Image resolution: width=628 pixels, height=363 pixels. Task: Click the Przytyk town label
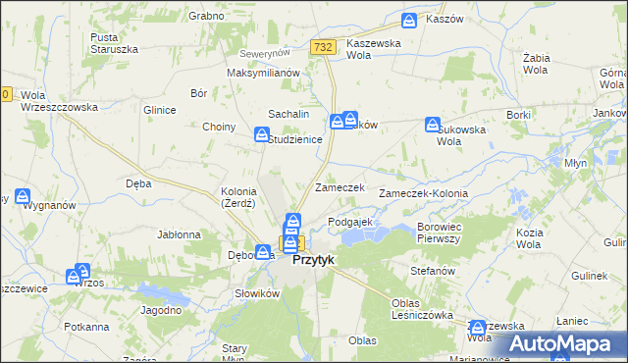coord(314,262)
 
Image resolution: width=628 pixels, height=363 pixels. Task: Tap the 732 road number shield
coord(324,47)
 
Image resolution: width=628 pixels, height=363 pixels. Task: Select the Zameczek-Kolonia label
coord(430,194)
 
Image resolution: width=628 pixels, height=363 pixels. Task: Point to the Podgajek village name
coord(349,223)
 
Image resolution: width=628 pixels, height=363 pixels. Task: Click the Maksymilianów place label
coord(262,74)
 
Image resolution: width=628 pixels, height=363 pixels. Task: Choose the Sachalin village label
coord(286,115)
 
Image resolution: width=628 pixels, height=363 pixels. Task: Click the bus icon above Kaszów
coord(410,19)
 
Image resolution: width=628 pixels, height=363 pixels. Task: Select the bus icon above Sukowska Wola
coord(432,124)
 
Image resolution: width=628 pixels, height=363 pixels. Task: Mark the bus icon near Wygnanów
coord(22,196)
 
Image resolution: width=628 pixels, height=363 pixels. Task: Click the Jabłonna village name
coord(179,235)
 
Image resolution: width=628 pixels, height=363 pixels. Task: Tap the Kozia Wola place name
coord(529,238)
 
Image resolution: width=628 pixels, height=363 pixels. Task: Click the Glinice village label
coord(159,111)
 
